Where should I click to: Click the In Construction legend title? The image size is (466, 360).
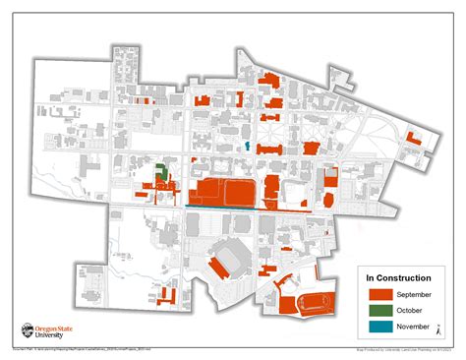click(396, 277)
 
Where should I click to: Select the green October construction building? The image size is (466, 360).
click(160, 172)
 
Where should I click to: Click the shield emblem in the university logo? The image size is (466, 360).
click(27, 332)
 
